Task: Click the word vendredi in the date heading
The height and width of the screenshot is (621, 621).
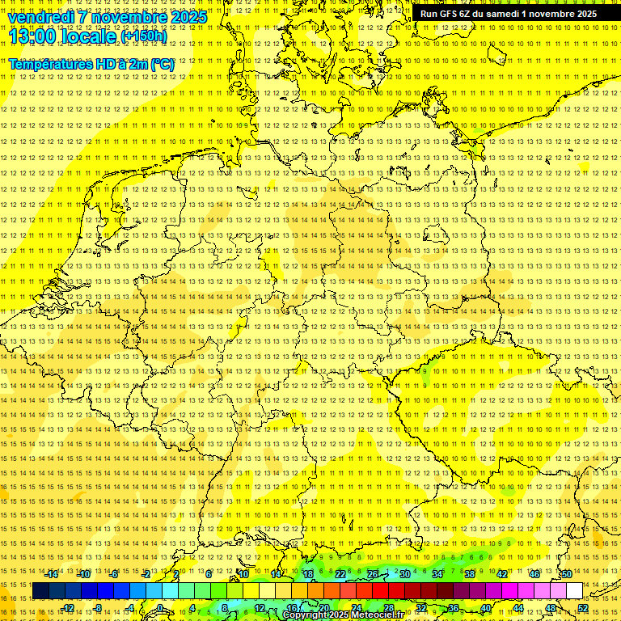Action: (42, 17)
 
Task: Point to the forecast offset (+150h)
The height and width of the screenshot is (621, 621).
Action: (144, 36)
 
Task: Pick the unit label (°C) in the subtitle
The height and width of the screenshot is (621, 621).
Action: (163, 63)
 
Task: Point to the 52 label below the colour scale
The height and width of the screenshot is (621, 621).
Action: (583, 608)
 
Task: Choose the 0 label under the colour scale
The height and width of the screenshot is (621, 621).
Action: (161, 608)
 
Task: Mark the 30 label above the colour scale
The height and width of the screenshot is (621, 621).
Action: (404, 574)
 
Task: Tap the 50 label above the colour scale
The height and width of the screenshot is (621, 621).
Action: (566, 574)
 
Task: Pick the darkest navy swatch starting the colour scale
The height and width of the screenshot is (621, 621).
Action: (40, 591)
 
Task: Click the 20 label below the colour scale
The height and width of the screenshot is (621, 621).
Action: (323, 608)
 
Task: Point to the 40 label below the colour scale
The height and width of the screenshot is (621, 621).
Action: (485, 608)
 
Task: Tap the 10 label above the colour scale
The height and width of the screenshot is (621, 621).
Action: (243, 574)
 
